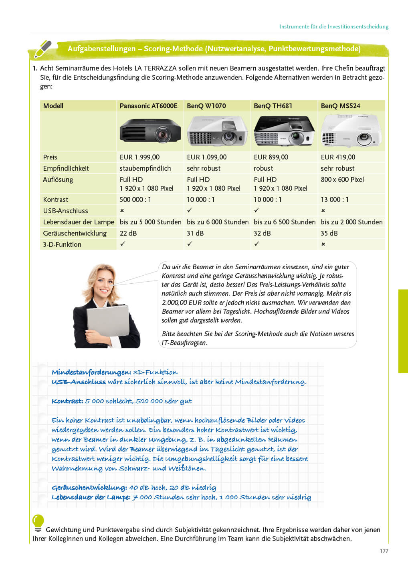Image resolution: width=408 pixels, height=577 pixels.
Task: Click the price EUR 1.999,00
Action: [x=139, y=157]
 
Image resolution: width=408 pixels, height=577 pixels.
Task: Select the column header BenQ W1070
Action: [x=206, y=106]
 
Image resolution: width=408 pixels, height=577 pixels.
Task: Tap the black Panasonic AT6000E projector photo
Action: [x=150, y=131]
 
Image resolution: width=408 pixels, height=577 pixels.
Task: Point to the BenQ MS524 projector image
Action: [x=351, y=131]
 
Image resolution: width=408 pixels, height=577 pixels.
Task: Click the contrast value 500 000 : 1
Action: [x=135, y=200]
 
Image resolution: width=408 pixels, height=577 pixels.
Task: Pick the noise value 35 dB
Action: [x=329, y=233]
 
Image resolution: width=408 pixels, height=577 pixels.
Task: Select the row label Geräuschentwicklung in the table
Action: [x=75, y=233]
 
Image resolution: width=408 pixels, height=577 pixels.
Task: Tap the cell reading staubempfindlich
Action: [x=145, y=168]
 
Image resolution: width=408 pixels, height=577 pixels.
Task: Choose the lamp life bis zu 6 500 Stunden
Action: [x=285, y=222]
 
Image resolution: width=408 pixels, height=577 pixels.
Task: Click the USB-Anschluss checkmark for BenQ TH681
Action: [x=257, y=210]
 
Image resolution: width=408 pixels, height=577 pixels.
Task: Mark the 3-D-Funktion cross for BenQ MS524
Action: [x=323, y=244]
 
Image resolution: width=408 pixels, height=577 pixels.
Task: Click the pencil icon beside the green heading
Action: [x=43, y=49]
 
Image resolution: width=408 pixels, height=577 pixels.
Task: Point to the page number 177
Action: [x=384, y=551]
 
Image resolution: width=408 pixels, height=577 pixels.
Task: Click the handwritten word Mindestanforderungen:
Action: [x=91, y=372]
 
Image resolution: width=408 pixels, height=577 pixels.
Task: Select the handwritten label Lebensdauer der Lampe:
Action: [x=91, y=497]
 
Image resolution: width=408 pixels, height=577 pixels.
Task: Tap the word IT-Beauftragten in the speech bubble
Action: [x=184, y=343]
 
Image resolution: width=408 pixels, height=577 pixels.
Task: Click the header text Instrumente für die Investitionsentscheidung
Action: [x=334, y=26]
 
